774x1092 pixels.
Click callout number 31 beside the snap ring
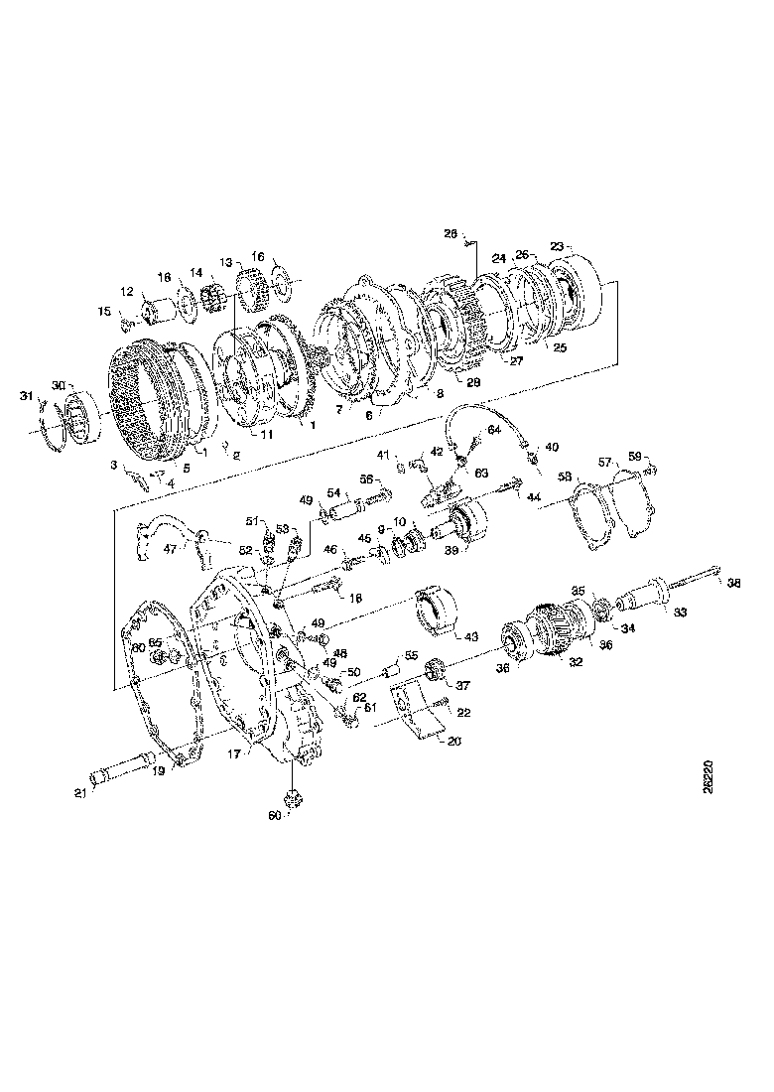pyautogui.click(x=27, y=397)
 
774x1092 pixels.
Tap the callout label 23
pyautogui.click(x=557, y=246)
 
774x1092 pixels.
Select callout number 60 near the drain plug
pyautogui.click(x=275, y=815)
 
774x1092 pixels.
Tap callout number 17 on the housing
pyautogui.click(x=235, y=755)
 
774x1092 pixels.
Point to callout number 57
pyautogui.click(x=603, y=463)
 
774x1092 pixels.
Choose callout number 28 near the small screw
pyautogui.click(x=450, y=234)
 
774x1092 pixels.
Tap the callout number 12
pyautogui.click(x=126, y=291)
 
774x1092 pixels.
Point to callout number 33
pyautogui.click(x=680, y=614)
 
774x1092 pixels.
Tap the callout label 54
pyautogui.click(x=334, y=492)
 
